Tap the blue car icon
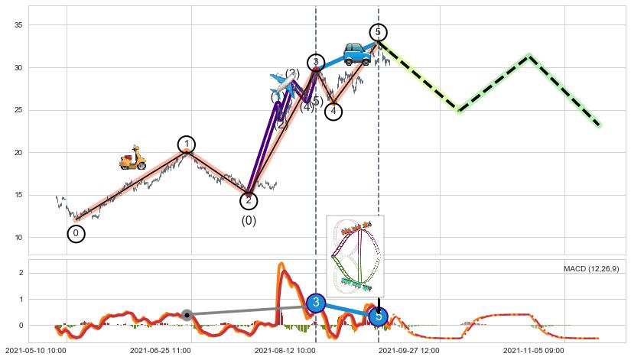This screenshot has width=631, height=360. click(x=356, y=54)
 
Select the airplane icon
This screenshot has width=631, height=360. click(x=282, y=84)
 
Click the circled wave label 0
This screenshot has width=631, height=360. click(x=76, y=234)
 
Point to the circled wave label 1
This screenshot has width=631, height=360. click(x=187, y=144)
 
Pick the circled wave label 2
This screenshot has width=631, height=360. click(x=249, y=201)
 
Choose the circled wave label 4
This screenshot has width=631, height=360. click(x=333, y=112)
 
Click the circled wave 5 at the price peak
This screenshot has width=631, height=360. click(x=378, y=32)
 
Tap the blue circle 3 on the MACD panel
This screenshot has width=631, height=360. click(x=316, y=303)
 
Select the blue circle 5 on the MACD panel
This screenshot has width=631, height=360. click(x=378, y=316)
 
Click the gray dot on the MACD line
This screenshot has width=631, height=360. click(x=187, y=315)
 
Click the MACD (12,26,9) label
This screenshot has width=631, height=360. click(x=591, y=269)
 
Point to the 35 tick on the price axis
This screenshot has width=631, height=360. click(x=20, y=25)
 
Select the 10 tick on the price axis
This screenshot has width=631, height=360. click(x=20, y=238)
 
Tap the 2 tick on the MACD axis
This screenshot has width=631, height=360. click(x=22, y=273)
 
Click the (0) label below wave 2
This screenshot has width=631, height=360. click(x=249, y=221)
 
